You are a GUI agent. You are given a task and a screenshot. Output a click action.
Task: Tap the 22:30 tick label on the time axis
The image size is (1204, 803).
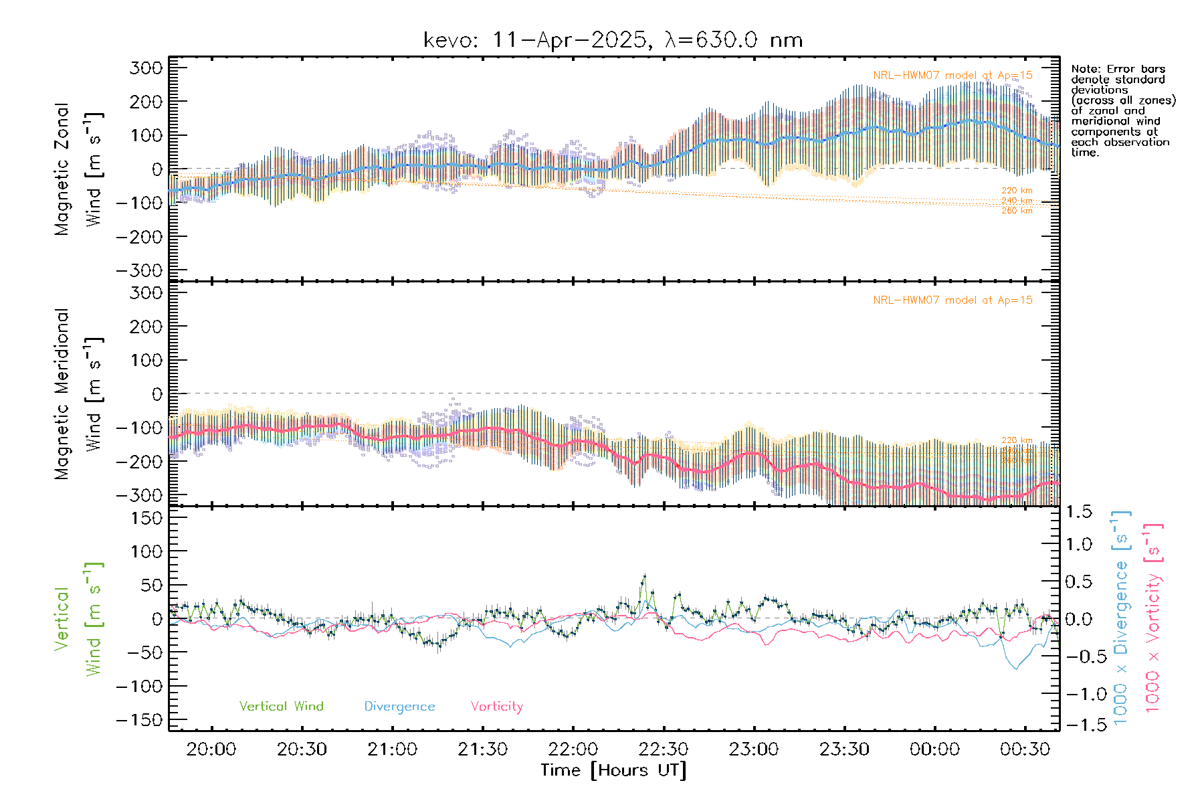coord(664,749)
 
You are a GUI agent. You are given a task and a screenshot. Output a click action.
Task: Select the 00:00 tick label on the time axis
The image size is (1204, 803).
coord(934,749)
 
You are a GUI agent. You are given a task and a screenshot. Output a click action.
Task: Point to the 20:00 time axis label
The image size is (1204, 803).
coord(211,749)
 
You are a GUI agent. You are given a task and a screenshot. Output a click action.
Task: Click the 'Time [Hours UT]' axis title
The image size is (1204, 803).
coord(613,770)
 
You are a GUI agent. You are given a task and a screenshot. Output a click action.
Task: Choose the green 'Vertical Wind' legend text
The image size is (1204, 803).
coord(281,707)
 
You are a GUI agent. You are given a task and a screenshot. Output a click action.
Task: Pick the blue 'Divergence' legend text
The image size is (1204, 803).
coord(399,707)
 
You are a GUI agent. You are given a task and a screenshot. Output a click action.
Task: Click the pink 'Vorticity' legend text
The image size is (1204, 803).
coord(496,707)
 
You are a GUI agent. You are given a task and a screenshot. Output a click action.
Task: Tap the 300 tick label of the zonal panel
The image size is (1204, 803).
coord(146,68)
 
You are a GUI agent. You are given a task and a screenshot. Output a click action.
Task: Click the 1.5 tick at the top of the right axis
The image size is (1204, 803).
coord(1079,512)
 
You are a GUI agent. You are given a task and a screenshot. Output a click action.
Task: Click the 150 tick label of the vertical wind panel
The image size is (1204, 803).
coord(146,518)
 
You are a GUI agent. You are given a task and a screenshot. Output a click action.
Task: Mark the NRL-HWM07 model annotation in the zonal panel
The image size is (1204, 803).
coord(952,76)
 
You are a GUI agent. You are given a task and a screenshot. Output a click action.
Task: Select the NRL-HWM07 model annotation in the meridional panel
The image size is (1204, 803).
coord(952,300)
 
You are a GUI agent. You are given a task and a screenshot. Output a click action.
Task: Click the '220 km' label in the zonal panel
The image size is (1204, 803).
coord(1017,191)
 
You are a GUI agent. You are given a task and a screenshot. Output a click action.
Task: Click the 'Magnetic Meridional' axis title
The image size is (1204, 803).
coord(62,394)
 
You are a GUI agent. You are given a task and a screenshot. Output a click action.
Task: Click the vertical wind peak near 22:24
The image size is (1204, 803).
coord(644,575)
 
